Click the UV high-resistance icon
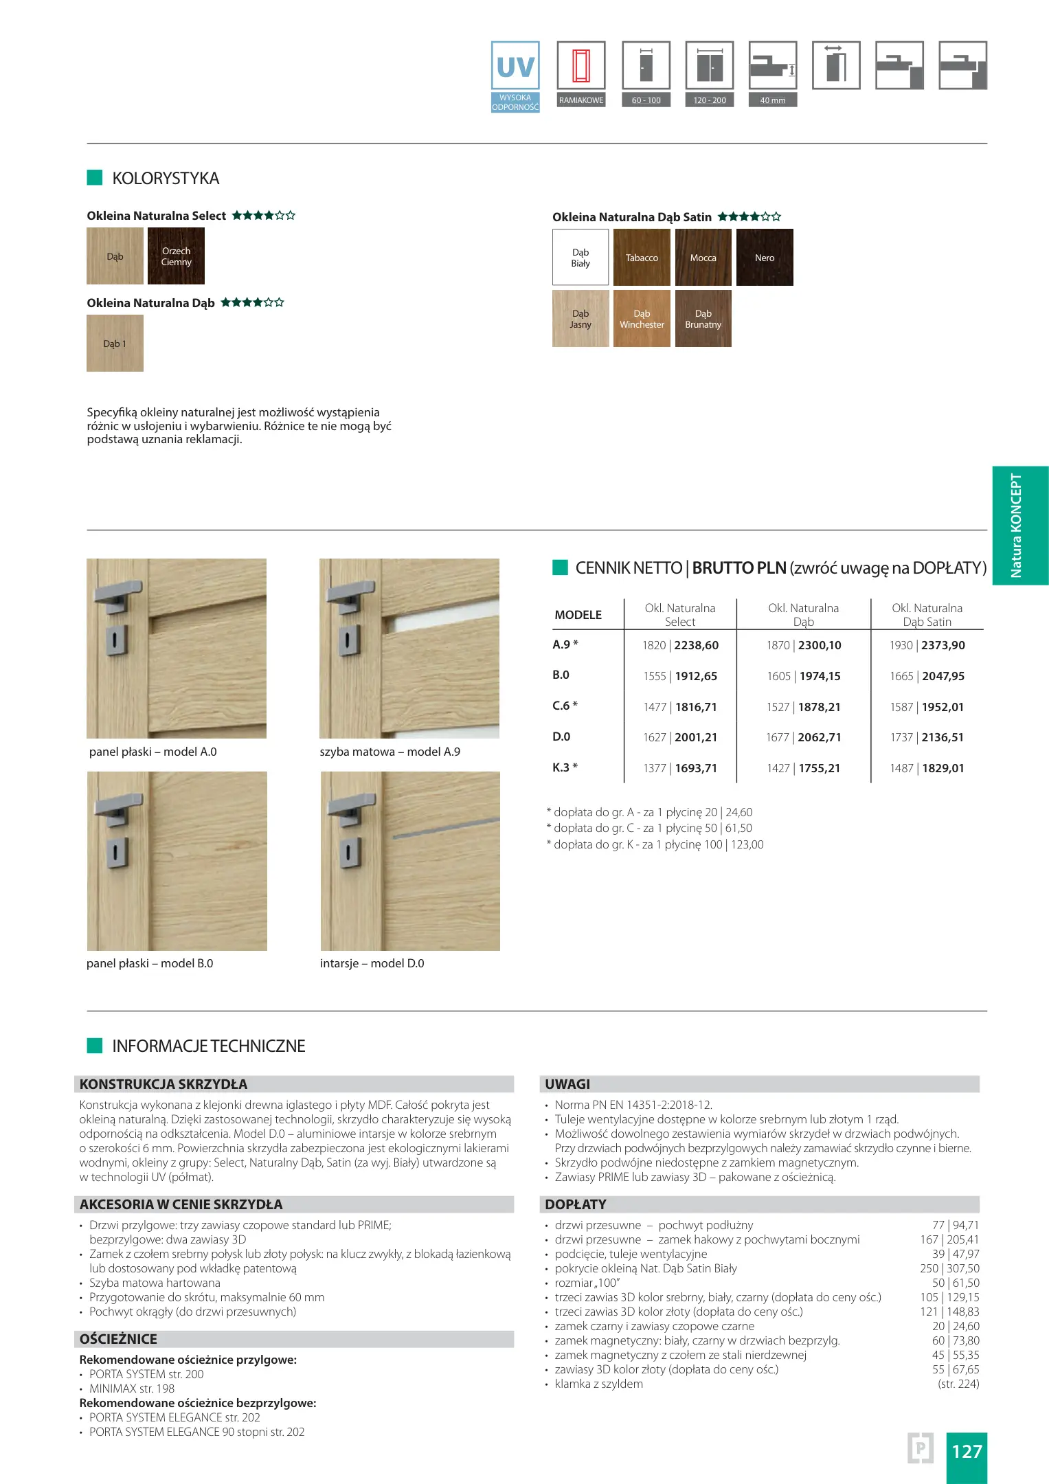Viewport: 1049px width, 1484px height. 515,76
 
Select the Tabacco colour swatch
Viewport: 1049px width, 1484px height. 642,258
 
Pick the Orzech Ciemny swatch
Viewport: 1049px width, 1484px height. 176,256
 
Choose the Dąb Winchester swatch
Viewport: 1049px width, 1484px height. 642,319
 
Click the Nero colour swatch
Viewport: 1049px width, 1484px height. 765,258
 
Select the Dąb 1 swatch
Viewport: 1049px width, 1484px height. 115,344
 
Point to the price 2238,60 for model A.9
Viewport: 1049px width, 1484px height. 697,645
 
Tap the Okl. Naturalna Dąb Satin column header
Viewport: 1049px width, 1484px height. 927,615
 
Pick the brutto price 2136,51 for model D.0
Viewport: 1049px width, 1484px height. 943,737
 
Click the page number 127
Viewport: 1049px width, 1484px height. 967,1451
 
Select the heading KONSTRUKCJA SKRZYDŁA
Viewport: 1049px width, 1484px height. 163,1084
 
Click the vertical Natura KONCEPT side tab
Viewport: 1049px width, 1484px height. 1019,526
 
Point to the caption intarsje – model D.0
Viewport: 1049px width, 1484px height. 372,963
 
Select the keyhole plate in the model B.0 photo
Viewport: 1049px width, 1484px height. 115,853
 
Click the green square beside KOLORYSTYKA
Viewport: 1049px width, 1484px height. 95,178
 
